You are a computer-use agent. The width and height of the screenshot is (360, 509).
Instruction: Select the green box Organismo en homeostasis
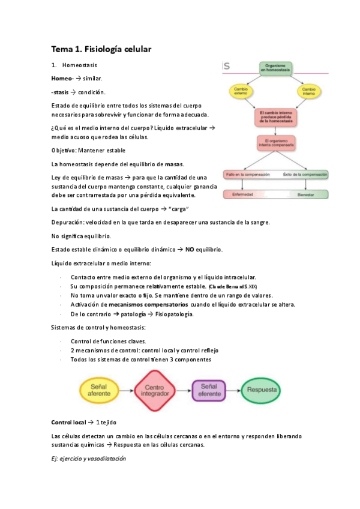click(275, 68)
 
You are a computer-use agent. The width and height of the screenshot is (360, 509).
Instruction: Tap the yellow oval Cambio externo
click(239, 91)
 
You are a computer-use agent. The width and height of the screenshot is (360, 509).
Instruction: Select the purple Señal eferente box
click(210, 390)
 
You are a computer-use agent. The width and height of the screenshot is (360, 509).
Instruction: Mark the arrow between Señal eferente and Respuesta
click(235, 391)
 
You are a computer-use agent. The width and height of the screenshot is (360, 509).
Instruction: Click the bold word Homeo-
click(62, 79)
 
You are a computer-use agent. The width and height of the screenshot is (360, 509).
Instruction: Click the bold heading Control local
click(68, 423)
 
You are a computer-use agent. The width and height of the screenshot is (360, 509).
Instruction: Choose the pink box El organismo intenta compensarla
click(275, 144)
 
